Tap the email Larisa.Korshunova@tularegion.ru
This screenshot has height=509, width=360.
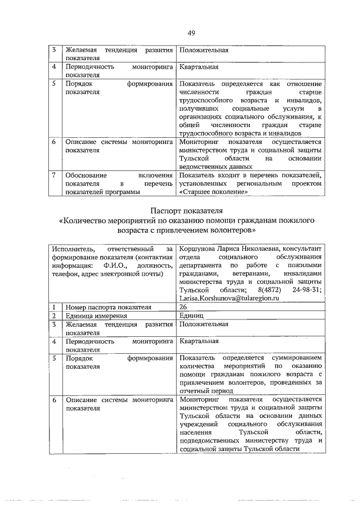(x=228, y=298)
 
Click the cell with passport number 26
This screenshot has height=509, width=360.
(x=183, y=307)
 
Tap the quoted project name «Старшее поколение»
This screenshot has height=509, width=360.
(x=213, y=191)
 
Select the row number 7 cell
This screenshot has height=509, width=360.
(x=53, y=175)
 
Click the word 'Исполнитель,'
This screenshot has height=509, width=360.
(x=73, y=248)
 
